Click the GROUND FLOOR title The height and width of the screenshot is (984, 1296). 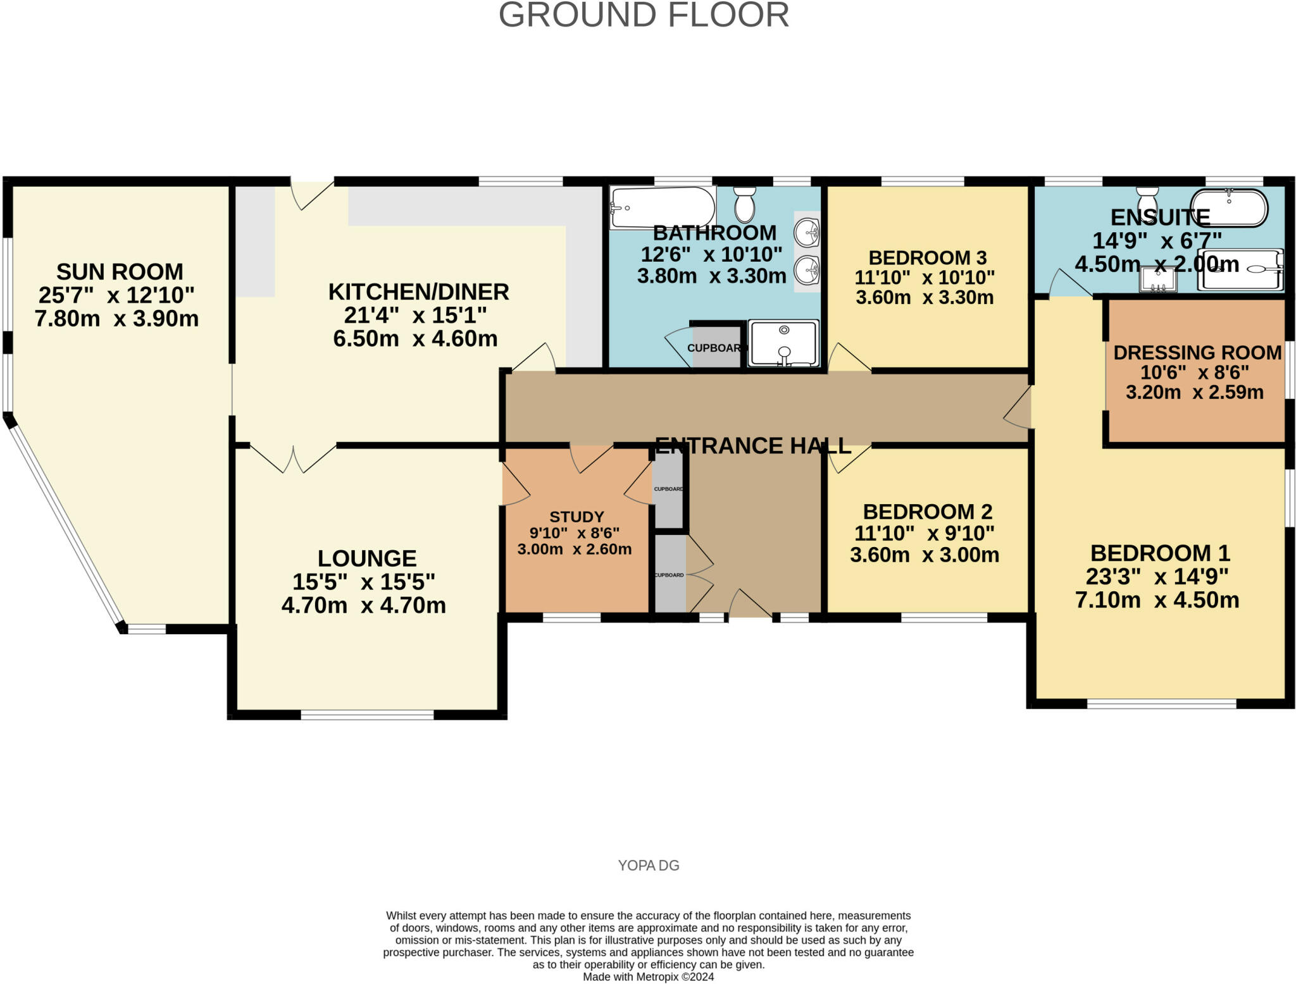tap(644, 15)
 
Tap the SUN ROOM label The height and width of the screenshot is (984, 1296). tap(120, 272)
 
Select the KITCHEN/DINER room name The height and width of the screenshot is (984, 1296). tap(418, 292)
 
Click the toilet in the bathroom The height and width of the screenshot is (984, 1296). tap(745, 203)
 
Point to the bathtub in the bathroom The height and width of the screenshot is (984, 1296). tap(662, 207)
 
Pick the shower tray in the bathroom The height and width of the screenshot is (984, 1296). tap(783, 343)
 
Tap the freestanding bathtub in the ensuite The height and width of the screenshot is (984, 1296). tap(1230, 207)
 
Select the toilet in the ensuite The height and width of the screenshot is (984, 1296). tap(1147, 201)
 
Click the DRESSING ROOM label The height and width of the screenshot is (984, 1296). tap(1197, 353)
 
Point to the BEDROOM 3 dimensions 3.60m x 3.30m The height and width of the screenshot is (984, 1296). tap(925, 297)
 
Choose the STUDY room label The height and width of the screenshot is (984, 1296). tap(576, 517)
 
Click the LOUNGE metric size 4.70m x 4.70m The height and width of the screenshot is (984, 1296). tap(364, 606)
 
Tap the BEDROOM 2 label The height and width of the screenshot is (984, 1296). tap(927, 512)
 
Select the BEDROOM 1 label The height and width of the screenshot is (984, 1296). tap(1160, 553)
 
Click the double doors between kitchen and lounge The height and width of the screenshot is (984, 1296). tap(294, 458)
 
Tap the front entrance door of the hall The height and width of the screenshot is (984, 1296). tap(750, 605)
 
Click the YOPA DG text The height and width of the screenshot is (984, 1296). tap(649, 865)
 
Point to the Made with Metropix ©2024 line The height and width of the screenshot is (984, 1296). tap(648, 976)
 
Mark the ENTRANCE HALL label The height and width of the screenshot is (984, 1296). tap(752, 446)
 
